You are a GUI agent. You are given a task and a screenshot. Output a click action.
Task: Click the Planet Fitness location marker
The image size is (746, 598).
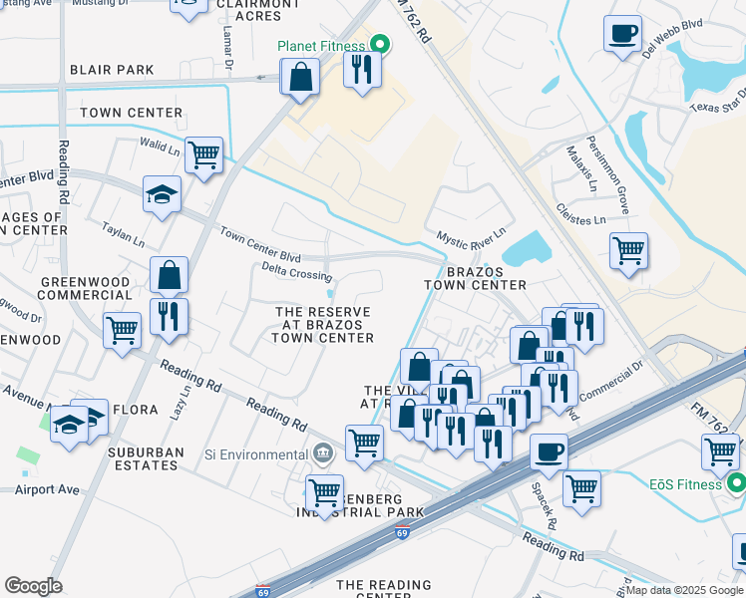tap(379, 44)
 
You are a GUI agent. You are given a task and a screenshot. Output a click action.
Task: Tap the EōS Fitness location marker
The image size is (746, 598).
tap(737, 484)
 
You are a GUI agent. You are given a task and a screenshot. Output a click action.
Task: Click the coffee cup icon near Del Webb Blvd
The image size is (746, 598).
tap(622, 33)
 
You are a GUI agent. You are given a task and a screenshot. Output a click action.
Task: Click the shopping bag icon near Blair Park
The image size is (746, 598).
tap(299, 77)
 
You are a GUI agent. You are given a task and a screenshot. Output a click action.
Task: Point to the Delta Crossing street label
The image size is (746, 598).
tap(296, 274)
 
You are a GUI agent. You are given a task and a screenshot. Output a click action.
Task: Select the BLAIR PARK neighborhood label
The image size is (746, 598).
tap(112, 70)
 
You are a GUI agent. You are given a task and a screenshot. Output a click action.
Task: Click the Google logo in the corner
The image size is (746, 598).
tap(33, 585)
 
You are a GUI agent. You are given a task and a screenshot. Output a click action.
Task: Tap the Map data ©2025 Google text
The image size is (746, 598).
tap(684, 590)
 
